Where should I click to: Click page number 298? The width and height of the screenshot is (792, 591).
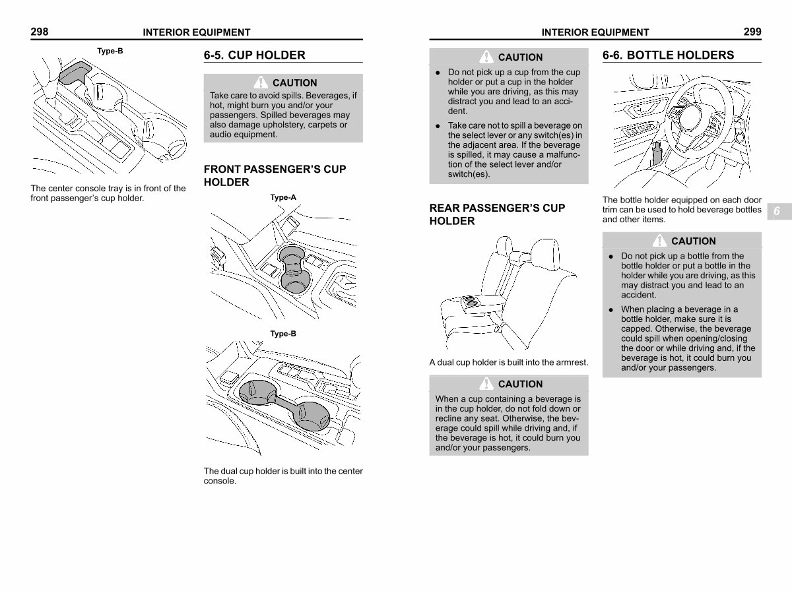coord(40,32)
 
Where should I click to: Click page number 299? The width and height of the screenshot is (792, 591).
coord(752,32)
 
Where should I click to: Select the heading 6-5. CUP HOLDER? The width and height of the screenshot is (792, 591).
coord(254,55)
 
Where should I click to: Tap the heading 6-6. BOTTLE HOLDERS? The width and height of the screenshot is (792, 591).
coord(668,55)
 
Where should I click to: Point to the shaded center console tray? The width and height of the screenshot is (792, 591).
coord(75,72)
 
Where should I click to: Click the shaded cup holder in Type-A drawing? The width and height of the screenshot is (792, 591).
coord(294,268)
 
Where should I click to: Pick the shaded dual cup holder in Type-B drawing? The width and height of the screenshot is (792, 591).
coord(284,404)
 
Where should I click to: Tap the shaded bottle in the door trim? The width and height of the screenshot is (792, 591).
coord(657,154)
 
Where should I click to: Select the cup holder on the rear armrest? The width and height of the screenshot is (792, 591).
coord(470,301)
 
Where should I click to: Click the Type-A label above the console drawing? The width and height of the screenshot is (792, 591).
coord(283,197)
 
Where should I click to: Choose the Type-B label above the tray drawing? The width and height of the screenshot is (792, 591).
coord(110,51)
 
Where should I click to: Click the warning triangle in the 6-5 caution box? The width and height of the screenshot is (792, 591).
coord(261,82)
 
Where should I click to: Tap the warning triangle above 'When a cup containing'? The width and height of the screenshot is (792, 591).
coord(486,383)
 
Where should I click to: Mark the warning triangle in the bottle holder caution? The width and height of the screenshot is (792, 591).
coord(659,241)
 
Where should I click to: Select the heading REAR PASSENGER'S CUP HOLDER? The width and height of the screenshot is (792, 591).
coord(497,214)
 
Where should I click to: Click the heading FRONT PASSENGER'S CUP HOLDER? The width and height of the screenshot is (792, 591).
coord(275,175)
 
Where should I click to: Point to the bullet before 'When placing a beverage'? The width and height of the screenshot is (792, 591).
coord(611,310)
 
